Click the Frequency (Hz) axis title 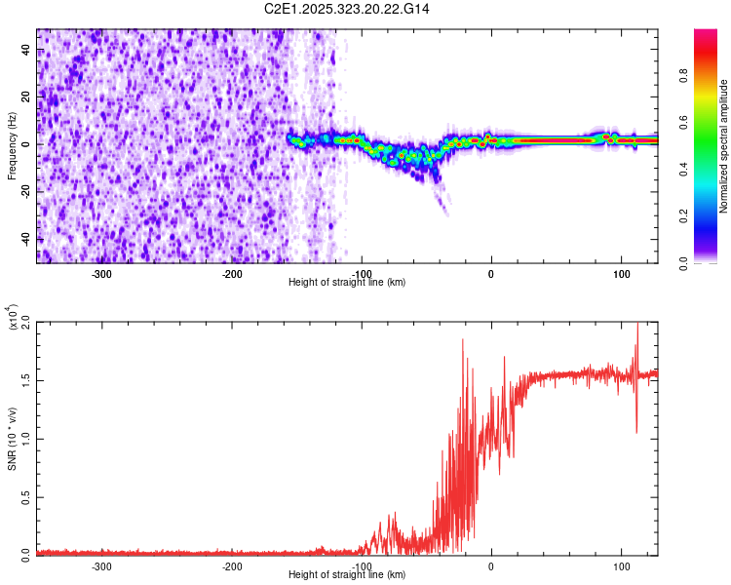click(12, 145)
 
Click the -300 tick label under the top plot click(102, 273)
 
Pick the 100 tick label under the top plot click(621, 273)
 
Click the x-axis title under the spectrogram click(347, 283)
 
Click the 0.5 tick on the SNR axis click(23, 495)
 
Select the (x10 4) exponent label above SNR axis click(13, 318)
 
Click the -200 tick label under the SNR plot click(232, 565)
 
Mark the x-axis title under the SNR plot click(347, 575)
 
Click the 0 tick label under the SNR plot click(491, 565)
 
